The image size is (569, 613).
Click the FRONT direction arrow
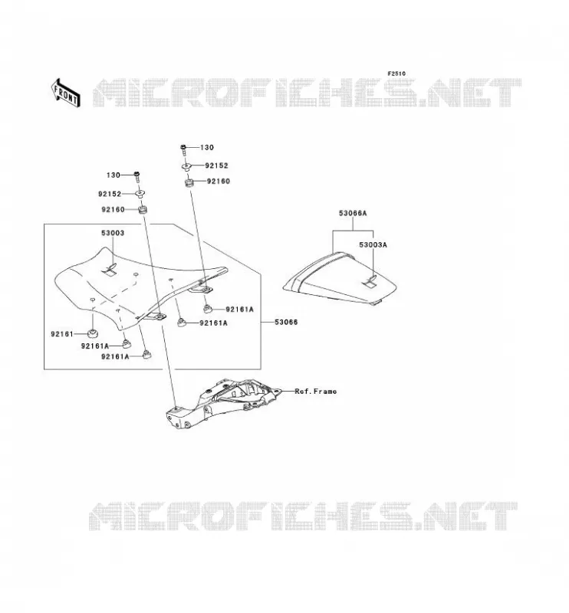click(66, 93)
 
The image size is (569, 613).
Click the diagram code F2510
click(396, 74)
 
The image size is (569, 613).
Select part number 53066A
click(353, 213)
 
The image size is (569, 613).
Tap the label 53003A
click(373, 244)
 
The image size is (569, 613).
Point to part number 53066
click(286, 322)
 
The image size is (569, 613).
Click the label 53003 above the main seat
click(113, 233)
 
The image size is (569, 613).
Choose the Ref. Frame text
click(315, 391)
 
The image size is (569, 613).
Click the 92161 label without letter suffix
click(62, 334)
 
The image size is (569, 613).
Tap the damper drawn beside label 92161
click(93, 334)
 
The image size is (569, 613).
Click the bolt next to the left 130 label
click(137, 177)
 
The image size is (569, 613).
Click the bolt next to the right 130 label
click(183, 149)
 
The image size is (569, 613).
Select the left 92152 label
click(110, 194)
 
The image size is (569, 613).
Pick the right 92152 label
click(216, 166)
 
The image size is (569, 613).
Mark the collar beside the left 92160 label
click(143, 209)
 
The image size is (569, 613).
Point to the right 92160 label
click(219, 181)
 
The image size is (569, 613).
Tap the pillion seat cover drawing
click(340, 278)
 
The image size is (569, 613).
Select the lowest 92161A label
click(115, 356)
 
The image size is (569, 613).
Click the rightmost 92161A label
click(239, 310)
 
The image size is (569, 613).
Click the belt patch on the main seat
click(110, 270)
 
